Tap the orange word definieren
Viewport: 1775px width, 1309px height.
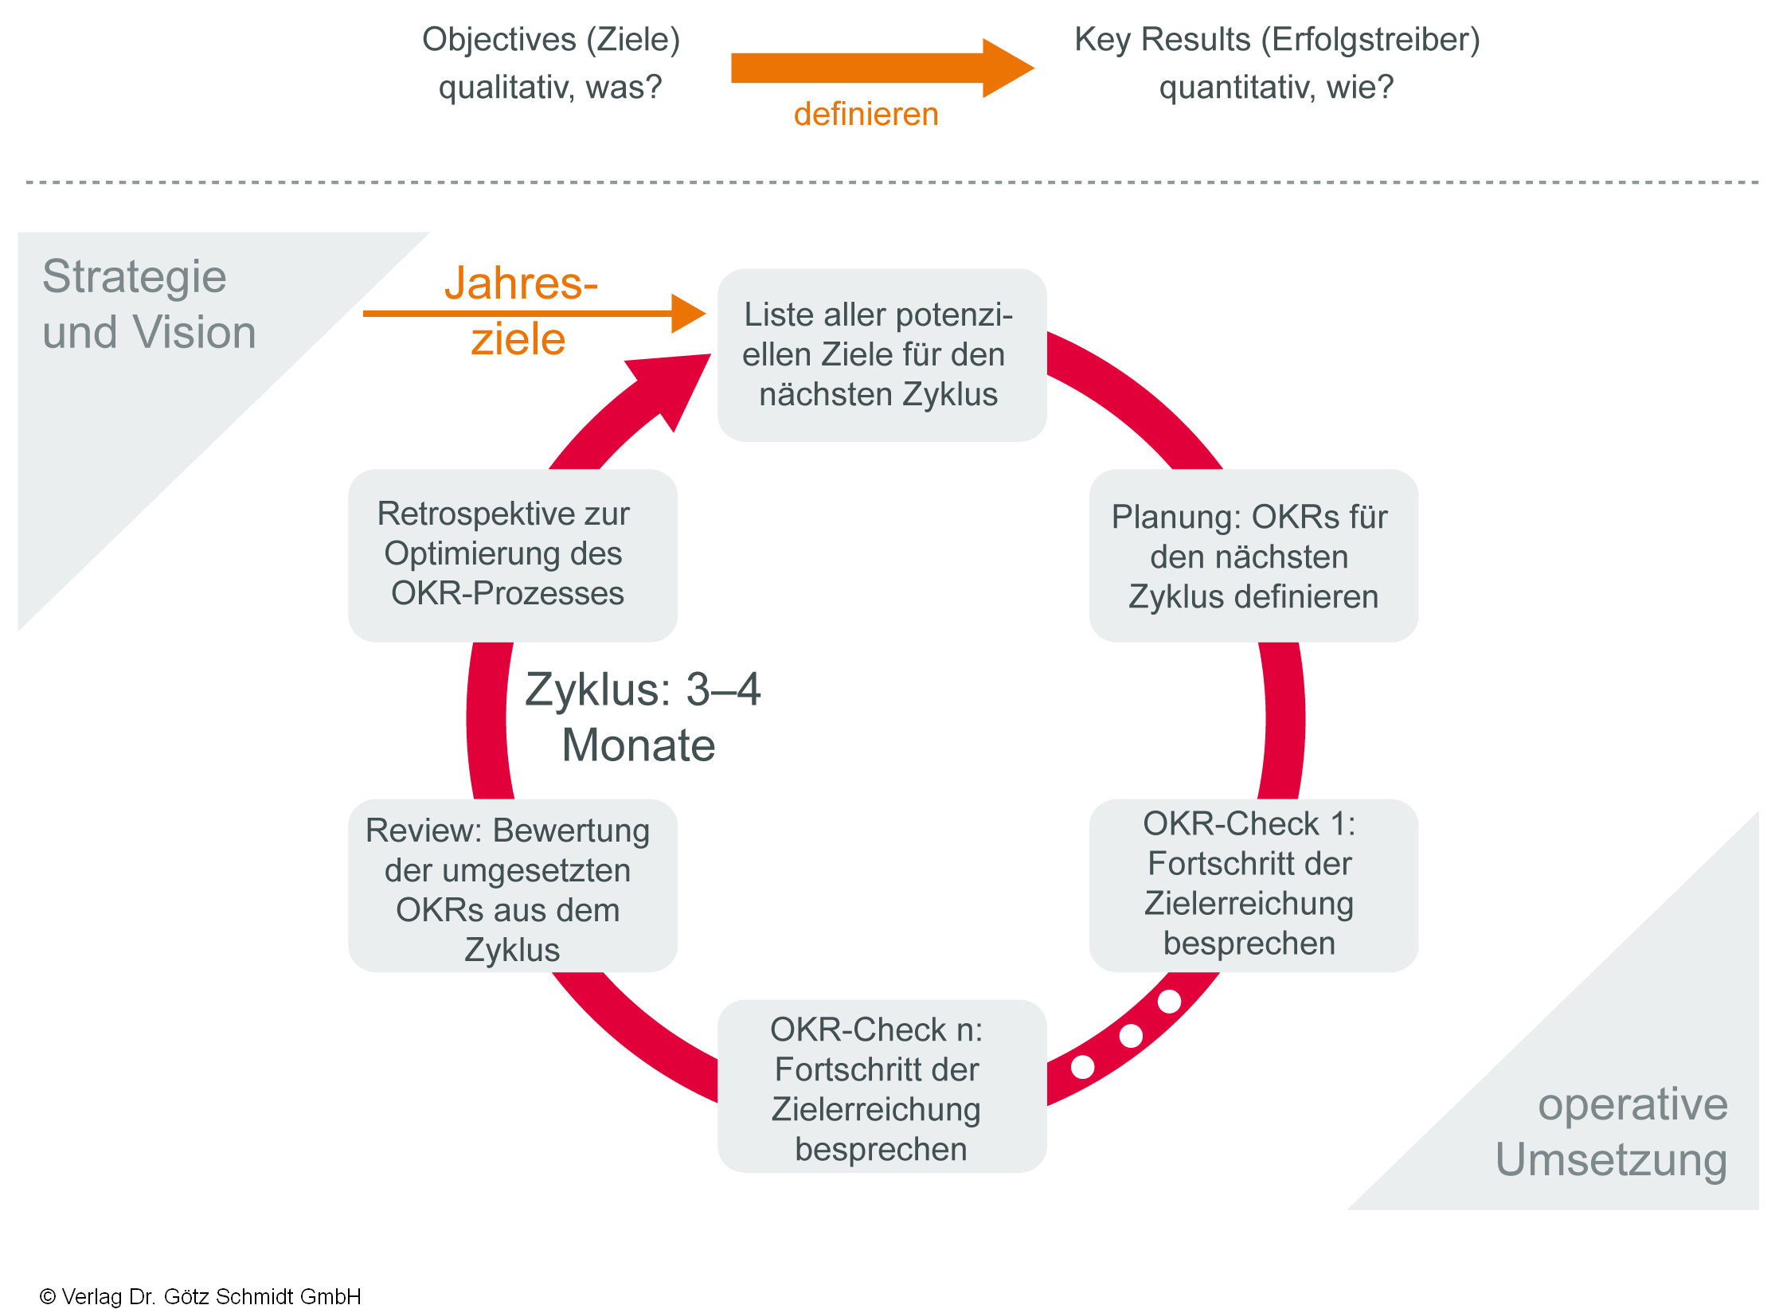click(866, 115)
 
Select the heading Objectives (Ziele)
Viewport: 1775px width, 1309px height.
click(551, 40)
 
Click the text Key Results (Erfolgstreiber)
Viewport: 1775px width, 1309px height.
click(1277, 40)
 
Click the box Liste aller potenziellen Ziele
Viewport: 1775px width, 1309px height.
click(882, 355)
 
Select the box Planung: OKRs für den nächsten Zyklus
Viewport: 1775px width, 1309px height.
click(1253, 556)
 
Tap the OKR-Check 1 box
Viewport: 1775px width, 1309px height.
click(1253, 885)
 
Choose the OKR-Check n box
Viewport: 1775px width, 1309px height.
click(882, 1086)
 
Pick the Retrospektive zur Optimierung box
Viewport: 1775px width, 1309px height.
click(512, 555)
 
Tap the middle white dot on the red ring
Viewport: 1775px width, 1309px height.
click(1131, 1036)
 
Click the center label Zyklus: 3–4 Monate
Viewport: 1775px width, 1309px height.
click(642, 717)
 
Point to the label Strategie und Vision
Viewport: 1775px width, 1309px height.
click(149, 304)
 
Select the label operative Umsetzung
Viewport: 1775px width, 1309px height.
click(1612, 1131)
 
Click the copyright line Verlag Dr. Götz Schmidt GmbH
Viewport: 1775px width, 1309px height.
click(201, 1296)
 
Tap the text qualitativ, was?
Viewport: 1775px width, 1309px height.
click(550, 88)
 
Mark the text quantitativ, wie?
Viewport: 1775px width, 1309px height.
click(1276, 88)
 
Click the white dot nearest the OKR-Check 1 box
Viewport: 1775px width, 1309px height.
click(1169, 1001)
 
